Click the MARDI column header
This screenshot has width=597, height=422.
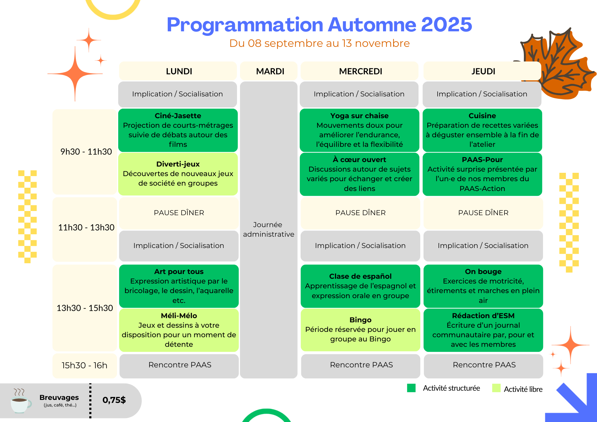click(x=270, y=71)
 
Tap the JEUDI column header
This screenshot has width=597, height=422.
click(x=483, y=71)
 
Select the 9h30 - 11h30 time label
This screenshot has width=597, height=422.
click(x=86, y=152)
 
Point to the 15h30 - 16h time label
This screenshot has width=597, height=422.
click(x=84, y=365)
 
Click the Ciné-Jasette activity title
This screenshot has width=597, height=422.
click(x=178, y=116)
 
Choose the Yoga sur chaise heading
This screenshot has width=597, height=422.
click(x=359, y=116)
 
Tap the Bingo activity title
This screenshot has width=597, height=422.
click(x=360, y=320)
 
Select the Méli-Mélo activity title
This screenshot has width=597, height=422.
click(x=179, y=316)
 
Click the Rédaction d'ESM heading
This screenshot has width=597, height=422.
click(x=483, y=316)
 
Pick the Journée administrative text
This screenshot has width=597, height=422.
click(x=269, y=229)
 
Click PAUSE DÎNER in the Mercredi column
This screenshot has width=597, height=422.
click(x=360, y=213)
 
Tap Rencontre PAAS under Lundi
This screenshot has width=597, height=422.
click(x=180, y=365)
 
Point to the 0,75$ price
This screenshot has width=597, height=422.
click(x=114, y=400)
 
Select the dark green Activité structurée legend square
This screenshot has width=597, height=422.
click(x=411, y=388)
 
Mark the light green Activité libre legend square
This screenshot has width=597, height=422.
click(x=496, y=388)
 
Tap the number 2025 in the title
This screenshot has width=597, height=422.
click(x=447, y=24)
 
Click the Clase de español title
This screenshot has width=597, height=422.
click(x=360, y=276)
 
